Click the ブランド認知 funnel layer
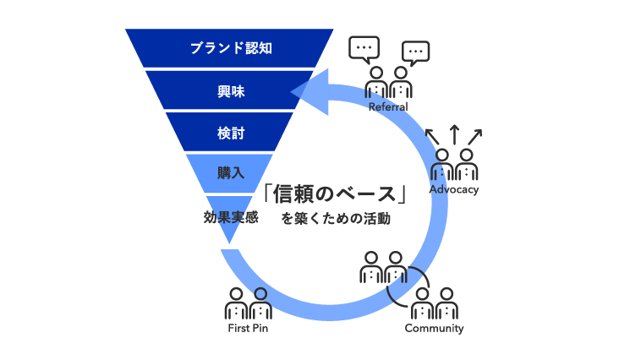pyautogui.click(x=229, y=47)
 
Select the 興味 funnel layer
pyautogui.click(x=230, y=89)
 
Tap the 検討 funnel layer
pyautogui.click(x=230, y=132)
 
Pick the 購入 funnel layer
pyautogui.click(x=230, y=172)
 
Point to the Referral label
pyautogui.click(x=388, y=107)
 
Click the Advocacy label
pyautogui.click(x=454, y=189)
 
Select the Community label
pyautogui.click(x=434, y=328)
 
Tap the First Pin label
pyautogui.click(x=248, y=328)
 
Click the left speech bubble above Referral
pyautogui.click(x=364, y=49)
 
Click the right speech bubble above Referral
pyautogui.click(x=414, y=52)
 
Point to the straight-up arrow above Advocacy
pyautogui.click(x=454, y=134)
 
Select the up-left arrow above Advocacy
pyautogui.click(x=431, y=134)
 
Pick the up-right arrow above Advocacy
pyautogui.click(x=476, y=134)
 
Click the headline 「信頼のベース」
pyautogui.click(x=336, y=195)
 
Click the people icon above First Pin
pyautogui.click(x=249, y=303)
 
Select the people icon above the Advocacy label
pyautogui.click(x=453, y=164)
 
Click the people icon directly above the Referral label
pyautogui.click(x=389, y=84)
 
